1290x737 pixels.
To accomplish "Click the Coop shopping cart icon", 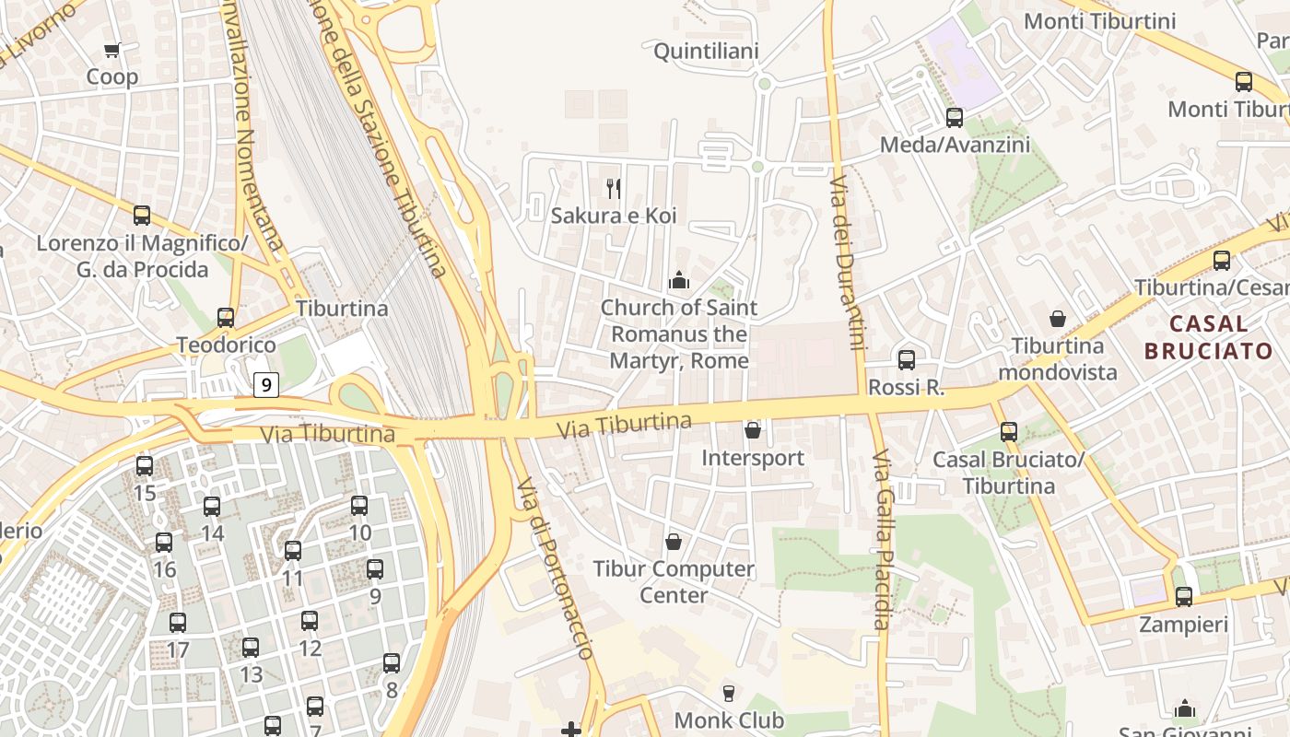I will pos(112,51).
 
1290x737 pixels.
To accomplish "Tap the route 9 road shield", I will pos(265,384).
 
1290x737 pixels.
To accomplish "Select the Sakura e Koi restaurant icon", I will pos(614,189).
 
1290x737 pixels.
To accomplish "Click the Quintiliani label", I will pos(706,51).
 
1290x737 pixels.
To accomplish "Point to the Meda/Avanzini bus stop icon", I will pos(955,118).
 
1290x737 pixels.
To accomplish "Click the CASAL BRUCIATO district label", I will pos(1208,337).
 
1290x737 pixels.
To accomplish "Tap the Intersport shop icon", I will pos(753,430).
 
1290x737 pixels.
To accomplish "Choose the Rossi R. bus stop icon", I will pos(907,360).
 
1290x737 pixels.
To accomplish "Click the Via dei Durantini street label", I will pos(846,263).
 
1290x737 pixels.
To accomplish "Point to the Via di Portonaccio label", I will pos(554,567).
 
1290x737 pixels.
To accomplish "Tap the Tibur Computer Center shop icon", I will pos(674,542).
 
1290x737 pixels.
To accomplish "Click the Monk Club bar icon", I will pos(729,693).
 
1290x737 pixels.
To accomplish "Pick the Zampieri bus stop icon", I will pos(1184,597).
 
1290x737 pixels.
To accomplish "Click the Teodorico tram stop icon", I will pos(226,318).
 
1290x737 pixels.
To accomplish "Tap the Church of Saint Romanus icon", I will pos(680,280).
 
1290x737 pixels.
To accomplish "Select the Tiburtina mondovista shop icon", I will pos(1058,319).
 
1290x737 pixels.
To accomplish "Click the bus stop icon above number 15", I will pos(145,466).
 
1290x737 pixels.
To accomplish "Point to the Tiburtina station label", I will pos(342,308).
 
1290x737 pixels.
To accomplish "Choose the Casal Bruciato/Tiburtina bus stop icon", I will pos(1009,432).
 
